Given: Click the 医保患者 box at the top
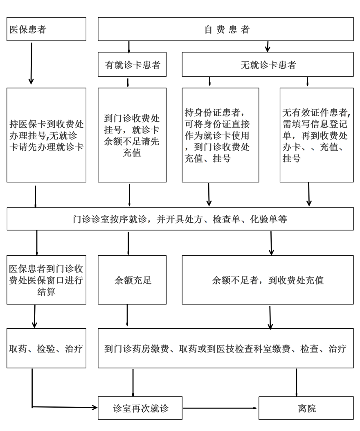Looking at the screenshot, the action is (x=46, y=29).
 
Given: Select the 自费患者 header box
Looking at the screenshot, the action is (x=226, y=29).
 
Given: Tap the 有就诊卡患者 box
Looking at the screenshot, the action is (x=132, y=64).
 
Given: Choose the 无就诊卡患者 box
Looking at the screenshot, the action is (x=268, y=64).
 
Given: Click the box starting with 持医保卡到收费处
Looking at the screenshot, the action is (x=46, y=135).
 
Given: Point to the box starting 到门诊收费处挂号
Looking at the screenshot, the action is (x=132, y=135).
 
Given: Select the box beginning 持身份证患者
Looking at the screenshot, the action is (x=220, y=135).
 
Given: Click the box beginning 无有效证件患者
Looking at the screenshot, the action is (x=317, y=135).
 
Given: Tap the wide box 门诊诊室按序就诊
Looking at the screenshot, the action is (x=180, y=219).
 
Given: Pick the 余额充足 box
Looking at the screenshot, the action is (x=132, y=280).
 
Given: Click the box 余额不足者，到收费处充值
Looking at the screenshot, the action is (x=268, y=280).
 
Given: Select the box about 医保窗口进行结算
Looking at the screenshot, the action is (x=46, y=280).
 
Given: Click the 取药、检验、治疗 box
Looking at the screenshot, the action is (x=46, y=348).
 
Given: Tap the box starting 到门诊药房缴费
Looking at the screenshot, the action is (x=226, y=348).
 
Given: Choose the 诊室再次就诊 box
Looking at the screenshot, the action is (x=140, y=408).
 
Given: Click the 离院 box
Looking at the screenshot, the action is (x=306, y=408).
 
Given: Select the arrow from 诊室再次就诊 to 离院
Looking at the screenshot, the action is (x=220, y=408).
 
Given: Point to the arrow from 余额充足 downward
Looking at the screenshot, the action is (x=127, y=316).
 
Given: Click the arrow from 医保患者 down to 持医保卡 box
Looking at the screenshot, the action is (x=32, y=63).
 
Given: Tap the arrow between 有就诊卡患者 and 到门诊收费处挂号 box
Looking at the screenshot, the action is (x=128, y=83).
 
